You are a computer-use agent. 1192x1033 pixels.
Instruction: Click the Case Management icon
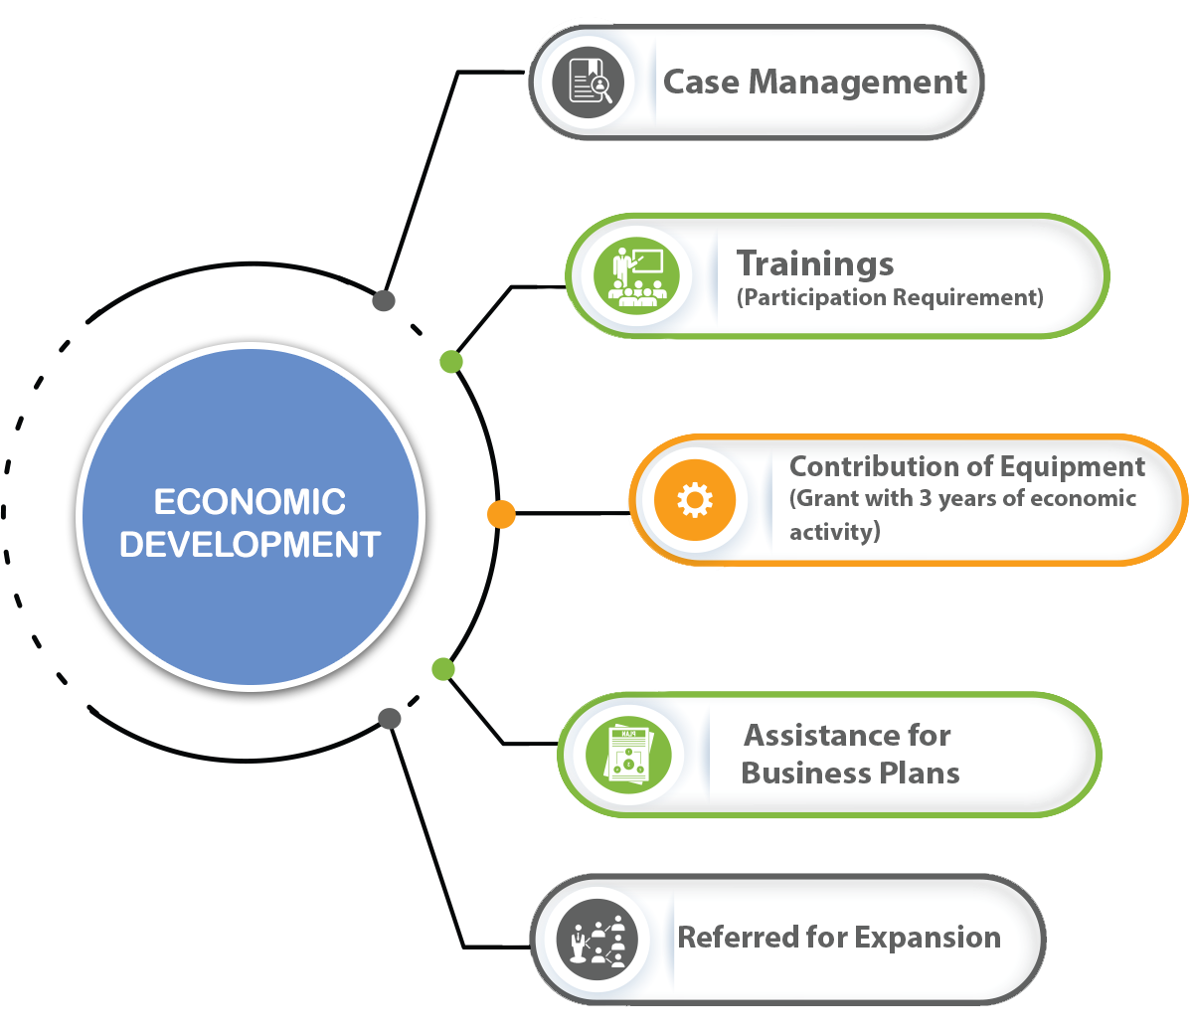point(590,83)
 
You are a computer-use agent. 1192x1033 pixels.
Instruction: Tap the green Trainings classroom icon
point(636,275)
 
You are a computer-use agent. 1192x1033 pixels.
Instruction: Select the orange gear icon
point(694,500)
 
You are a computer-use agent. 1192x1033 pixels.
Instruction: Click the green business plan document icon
point(627,755)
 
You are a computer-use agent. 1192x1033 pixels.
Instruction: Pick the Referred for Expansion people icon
point(596,940)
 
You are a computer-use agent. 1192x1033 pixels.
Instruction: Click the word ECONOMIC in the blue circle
point(250,502)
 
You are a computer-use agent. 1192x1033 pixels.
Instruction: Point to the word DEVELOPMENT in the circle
point(250,545)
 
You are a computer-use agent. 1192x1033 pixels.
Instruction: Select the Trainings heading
point(815,263)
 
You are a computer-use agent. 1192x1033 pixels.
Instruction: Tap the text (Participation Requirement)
point(890,297)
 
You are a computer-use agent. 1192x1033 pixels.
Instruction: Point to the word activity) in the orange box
point(834,532)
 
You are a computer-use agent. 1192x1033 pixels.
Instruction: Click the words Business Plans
point(850,774)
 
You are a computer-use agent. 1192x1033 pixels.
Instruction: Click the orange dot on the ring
point(501,514)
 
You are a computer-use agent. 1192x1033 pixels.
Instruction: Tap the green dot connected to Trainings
point(451,361)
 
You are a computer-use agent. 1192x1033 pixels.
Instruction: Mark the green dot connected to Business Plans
point(443,669)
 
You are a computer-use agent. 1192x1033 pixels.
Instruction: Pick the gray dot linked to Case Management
point(384,300)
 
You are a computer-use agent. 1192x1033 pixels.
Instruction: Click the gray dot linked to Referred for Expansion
point(390,718)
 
